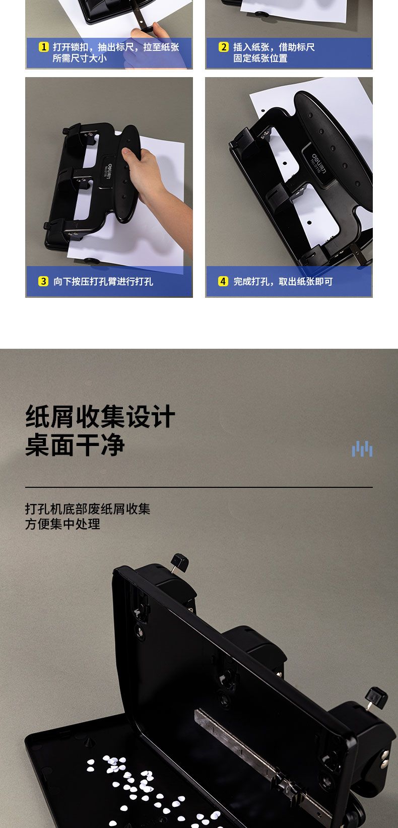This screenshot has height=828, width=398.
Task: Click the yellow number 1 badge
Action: (44, 47)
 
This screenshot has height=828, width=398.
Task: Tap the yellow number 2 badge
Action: (224, 47)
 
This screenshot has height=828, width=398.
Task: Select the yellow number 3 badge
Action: (43, 281)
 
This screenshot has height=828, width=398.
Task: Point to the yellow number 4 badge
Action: (223, 281)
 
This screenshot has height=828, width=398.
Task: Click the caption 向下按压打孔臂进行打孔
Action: (103, 282)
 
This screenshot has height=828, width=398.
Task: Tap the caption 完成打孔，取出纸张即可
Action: (283, 282)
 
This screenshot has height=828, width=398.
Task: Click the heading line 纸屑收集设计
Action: (100, 416)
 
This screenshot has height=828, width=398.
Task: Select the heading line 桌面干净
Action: (75, 444)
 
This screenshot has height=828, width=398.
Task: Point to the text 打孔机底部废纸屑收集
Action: (88, 509)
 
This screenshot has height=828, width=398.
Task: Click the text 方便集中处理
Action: (62, 524)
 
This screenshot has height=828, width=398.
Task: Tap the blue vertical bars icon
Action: (362, 449)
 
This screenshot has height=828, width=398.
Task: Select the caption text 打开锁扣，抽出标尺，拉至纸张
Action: (116, 47)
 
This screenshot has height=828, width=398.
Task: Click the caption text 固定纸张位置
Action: (260, 58)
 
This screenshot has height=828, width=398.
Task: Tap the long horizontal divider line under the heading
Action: (199, 487)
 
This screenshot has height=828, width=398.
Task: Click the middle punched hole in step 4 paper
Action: (285, 163)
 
